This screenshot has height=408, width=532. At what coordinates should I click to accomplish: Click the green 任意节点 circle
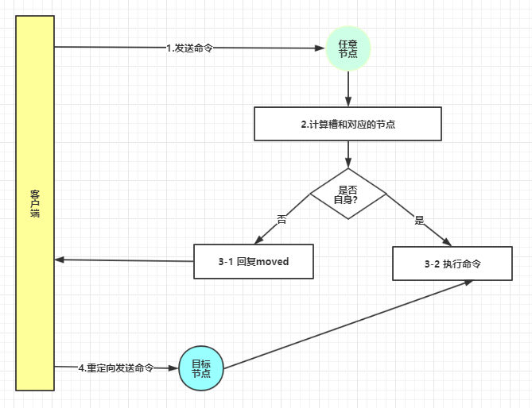(348, 48)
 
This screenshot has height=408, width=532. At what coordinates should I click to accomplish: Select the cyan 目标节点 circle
(201, 368)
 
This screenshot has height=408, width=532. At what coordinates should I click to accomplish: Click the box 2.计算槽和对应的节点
(348, 124)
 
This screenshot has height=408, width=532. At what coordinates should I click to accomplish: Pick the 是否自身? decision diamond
(348, 194)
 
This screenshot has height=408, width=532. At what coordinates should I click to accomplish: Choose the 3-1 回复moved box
(253, 261)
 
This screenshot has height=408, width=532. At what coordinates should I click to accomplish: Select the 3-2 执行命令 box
(452, 264)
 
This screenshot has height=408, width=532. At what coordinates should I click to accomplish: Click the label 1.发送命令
(189, 48)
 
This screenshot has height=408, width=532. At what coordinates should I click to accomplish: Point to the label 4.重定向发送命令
(115, 368)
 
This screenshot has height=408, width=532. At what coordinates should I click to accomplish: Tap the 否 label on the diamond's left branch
(281, 219)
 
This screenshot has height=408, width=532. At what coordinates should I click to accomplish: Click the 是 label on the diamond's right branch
(419, 220)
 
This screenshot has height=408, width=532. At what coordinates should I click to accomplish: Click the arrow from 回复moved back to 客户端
(124, 260)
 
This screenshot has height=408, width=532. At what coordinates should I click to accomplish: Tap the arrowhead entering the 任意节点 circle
(321, 48)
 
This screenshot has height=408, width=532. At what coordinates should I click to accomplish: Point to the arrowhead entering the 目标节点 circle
(173, 368)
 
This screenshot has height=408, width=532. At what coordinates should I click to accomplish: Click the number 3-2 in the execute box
(430, 264)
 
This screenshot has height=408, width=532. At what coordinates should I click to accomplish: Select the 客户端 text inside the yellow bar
(35, 203)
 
